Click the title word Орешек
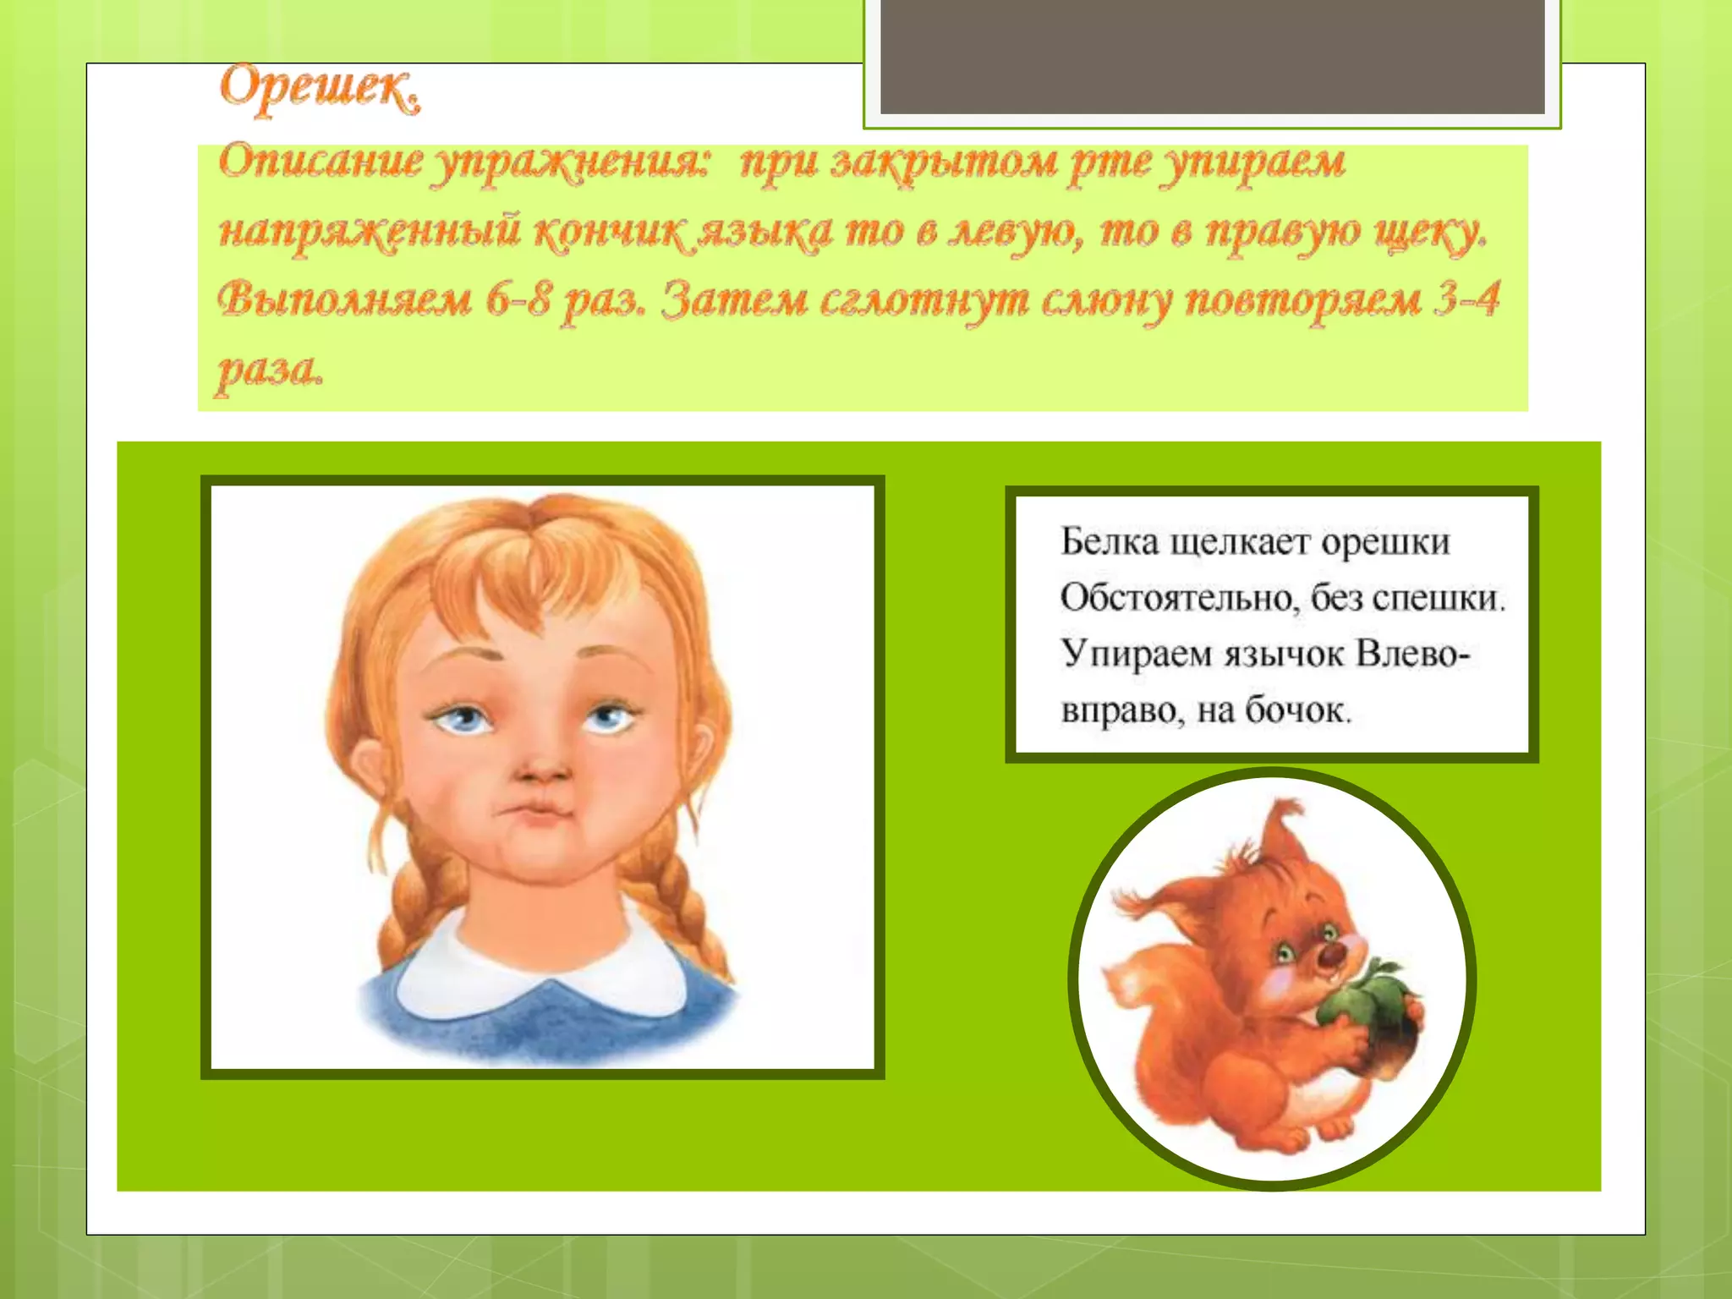coord(320,89)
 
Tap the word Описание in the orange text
coord(320,161)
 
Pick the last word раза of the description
coord(269,370)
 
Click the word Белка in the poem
coord(1109,541)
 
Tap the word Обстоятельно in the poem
coord(1177,598)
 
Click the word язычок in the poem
coord(1285,654)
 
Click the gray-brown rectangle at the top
coord(1212,57)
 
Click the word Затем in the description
coord(732,300)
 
